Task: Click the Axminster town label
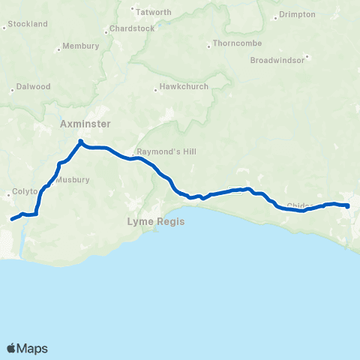pyautogui.click(x=85, y=124)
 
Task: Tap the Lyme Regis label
pyautogui.click(x=155, y=222)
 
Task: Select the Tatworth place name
pyautogui.click(x=154, y=12)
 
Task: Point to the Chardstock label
pyautogui.click(x=131, y=28)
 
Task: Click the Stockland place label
pyautogui.click(x=28, y=24)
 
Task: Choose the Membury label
pyautogui.click(x=81, y=46)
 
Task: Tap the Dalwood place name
pyautogui.click(x=33, y=86)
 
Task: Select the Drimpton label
pyautogui.click(x=298, y=15)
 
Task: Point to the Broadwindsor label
pyautogui.click(x=278, y=59)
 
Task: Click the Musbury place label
pyautogui.click(x=72, y=180)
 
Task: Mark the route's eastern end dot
pyautogui.click(x=348, y=205)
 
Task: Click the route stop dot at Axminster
pyautogui.click(x=80, y=141)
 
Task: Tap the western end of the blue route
pyautogui.click(x=11, y=220)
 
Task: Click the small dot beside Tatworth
pyautogui.click(x=133, y=10)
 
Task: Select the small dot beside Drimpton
pyautogui.click(x=276, y=15)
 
